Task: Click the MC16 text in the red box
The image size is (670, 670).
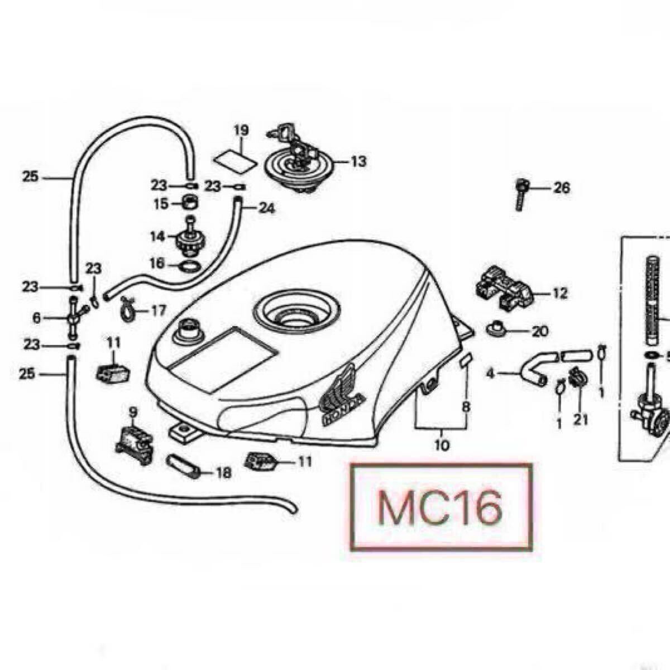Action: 440,507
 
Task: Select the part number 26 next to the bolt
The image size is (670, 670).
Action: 561,188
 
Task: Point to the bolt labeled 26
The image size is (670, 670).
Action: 521,194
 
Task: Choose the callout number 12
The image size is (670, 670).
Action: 560,293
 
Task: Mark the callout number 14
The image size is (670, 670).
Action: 157,236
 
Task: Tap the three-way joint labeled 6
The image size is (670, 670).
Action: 73,318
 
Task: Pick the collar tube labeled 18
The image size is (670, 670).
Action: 184,468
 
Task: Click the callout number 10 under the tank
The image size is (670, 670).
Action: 441,445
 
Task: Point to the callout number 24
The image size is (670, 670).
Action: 267,209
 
